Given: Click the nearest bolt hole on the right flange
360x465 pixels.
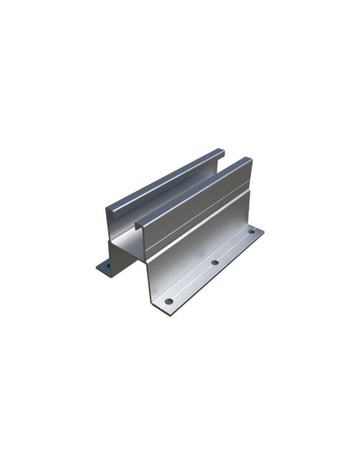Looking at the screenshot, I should pyautogui.click(x=169, y=301).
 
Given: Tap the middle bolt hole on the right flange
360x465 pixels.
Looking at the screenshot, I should pyautogui.click(x=214, y=262).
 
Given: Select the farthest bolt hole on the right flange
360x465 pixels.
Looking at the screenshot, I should pyautogui.click(x=251, y=232).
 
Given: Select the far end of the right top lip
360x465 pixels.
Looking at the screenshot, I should pyautogui.click(x=250, y=160).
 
